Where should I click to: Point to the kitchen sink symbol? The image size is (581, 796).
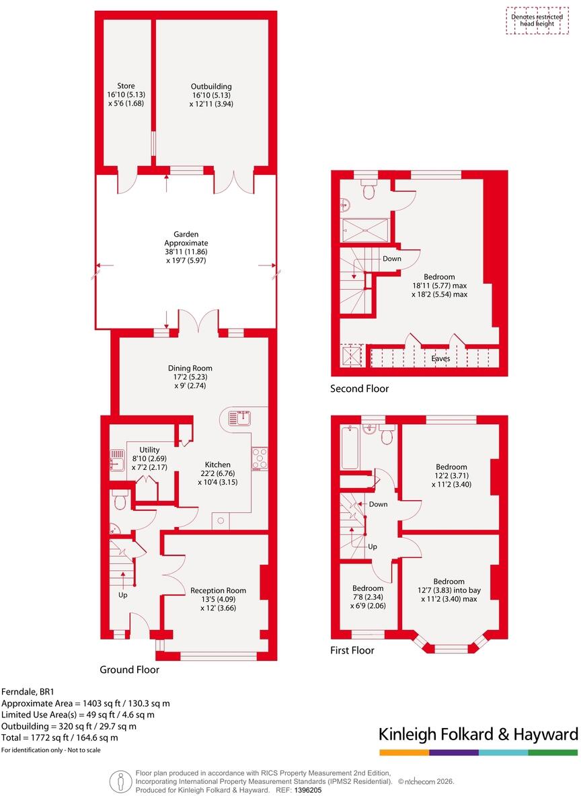(239, 417)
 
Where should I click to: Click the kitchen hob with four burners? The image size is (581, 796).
(260, 459)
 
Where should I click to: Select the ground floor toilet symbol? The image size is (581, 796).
(120, 500)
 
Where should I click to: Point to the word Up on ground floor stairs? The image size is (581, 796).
(122, 594)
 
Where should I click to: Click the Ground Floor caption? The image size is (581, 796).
(130, 670)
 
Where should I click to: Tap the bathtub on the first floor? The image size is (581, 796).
(350, 448)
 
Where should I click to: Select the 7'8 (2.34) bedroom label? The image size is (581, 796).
(369, 597)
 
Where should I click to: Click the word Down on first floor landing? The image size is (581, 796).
(378, 504)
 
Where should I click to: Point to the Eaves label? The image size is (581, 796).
(440, 358)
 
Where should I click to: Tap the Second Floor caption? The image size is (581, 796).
(359, 389)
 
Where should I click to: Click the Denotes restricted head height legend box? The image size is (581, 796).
(537, 20)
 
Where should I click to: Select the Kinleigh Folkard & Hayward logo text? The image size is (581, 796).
(478, 734)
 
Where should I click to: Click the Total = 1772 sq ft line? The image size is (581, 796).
(59, 738)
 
